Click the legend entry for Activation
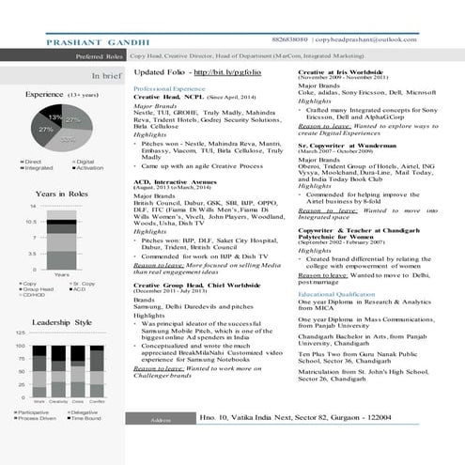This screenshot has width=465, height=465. tap(90, 169)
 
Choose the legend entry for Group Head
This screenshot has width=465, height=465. tap(35, 291)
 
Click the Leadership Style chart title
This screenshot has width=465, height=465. tap(63, 322)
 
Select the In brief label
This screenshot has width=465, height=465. tap(104, 75)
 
